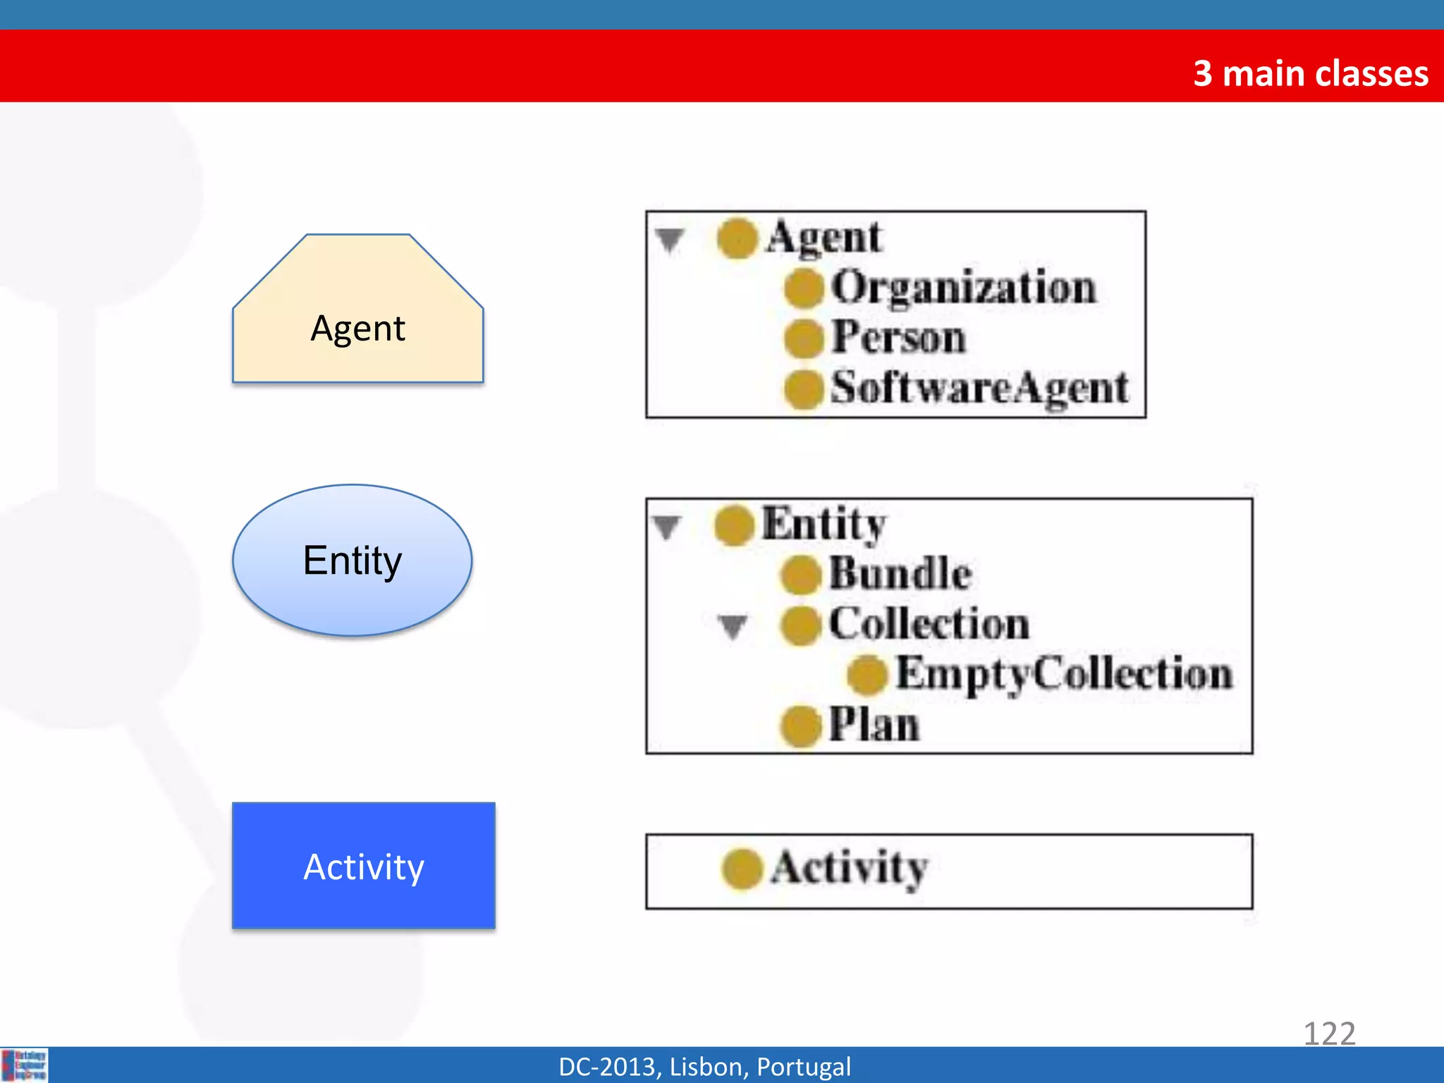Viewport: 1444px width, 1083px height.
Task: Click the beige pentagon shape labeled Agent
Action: coord(358,317)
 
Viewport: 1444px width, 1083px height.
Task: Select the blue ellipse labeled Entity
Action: coord(353,561)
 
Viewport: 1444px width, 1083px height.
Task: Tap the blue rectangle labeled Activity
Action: coord(364,866)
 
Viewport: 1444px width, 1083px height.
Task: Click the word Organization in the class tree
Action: coord(963,288)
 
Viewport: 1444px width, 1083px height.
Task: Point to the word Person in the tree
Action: coord(898,337)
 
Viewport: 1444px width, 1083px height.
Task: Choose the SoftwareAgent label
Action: coord(979,388)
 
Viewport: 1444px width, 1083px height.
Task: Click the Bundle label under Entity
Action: coord(900,573)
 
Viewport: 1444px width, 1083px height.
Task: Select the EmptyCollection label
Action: coord(1063,673)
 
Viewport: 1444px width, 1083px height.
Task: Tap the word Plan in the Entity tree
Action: coord(874,724)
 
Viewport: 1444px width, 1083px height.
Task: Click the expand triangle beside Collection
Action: coord(733,625)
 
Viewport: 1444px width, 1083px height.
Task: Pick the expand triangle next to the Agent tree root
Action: coord(670,240)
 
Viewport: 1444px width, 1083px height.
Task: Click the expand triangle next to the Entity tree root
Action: coord(667,526)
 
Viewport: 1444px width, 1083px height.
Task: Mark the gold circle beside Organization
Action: coord(804,288)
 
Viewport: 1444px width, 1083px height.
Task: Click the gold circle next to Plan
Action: coord(801,726)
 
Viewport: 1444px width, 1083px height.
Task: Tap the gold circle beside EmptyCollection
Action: coord(867,675)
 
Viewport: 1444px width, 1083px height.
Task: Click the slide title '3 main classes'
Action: coord(1310,73)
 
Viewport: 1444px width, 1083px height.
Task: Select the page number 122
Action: coord(1329,1034)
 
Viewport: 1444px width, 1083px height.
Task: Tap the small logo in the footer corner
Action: coord(24,1065)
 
